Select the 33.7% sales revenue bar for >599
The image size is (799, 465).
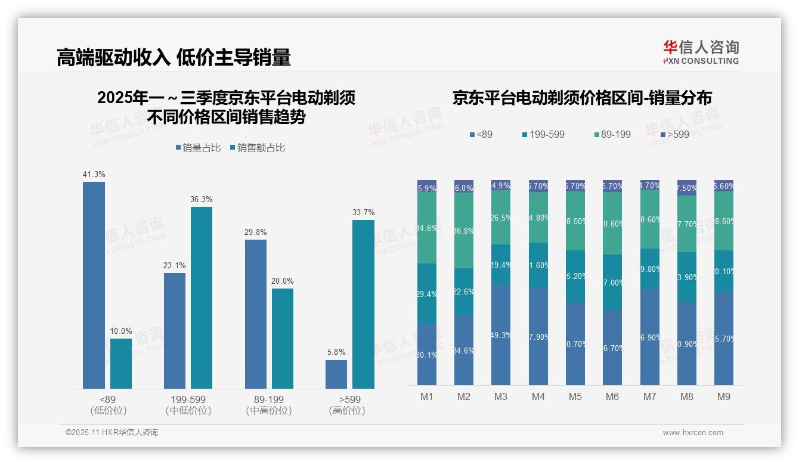tap(363, 304)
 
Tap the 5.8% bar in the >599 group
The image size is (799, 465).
tap(336, 374)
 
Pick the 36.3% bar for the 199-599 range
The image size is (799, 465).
tap(202, 297)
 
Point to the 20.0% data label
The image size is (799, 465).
tap(283, 281)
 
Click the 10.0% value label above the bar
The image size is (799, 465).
tap(121, 331)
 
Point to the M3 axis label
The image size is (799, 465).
tap(500, 396)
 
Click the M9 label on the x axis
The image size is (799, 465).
tap(723, 396)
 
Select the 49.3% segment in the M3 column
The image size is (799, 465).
tap(500, 334)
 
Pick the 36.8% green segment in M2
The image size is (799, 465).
tap(464, 230)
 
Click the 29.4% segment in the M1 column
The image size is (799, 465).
tap(427, 293)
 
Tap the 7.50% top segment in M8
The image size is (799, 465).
tap(687, 188)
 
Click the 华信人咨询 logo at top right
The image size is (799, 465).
tap(701, 52)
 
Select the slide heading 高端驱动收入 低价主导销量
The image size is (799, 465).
tap(174, 57)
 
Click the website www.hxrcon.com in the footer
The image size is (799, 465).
tap(693, 433)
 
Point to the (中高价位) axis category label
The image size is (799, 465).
tap(269, 411)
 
